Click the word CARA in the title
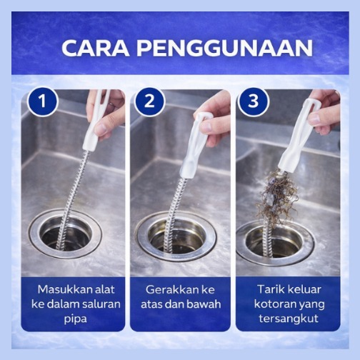[x=96, y=48]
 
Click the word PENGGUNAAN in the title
[x=224, y=48]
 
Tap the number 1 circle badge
[x=43, y=101]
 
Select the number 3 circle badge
[x=253, y=101]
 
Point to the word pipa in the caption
[x=75, y=319]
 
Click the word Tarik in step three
[x=271, y=289]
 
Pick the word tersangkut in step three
[x=289, y=319]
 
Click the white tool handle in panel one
[x=95, y=120]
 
